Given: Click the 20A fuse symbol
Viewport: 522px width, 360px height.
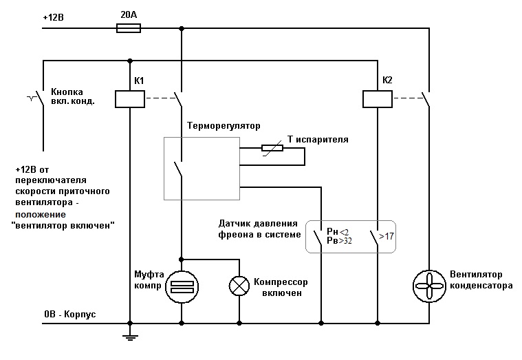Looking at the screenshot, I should (129, 28).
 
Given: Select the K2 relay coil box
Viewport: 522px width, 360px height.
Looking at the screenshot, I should (378, 99).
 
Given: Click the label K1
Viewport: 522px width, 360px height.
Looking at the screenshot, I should (139, 81).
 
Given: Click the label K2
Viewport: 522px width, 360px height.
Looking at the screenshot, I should (387, 81).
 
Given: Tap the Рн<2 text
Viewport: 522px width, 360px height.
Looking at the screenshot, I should (339, 231).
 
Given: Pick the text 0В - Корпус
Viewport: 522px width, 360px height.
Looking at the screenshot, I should (69, 315).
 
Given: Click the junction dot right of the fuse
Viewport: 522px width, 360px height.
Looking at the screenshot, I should (182, 28).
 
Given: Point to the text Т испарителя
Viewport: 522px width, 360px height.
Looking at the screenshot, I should (318, 139).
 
